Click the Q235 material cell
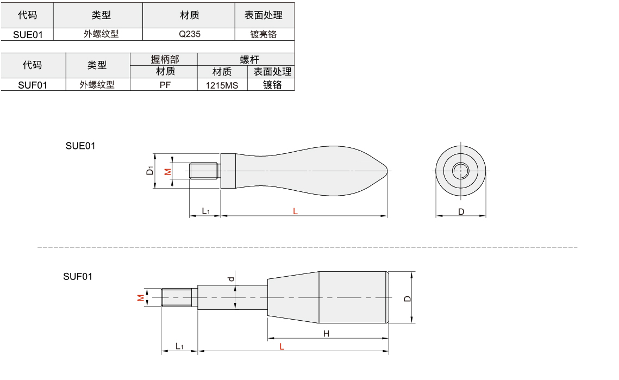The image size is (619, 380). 190,34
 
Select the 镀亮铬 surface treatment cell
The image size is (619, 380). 264,34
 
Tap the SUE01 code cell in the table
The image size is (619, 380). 28,34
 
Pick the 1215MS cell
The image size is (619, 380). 222,85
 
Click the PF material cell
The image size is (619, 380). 165,85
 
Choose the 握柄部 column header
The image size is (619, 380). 165,59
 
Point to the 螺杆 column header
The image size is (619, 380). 249,59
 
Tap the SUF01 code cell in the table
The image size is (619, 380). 33,85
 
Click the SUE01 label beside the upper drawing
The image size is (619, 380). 80,146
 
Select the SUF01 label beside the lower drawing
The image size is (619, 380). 78,277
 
